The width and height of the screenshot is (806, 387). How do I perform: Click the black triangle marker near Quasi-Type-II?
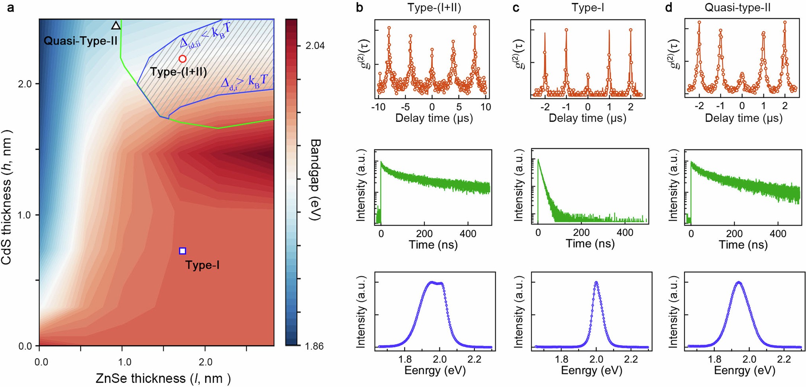coord(116,26)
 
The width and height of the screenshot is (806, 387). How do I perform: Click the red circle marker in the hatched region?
coord(182,59)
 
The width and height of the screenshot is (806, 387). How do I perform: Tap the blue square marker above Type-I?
coord(183,251)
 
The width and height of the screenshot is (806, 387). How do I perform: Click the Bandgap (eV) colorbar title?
coord(315,180)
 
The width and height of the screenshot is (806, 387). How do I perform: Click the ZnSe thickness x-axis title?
coord(163,378)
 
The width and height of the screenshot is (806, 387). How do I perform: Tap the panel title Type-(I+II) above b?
coord(434,8)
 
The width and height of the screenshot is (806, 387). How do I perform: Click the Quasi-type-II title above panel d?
coord(738,8)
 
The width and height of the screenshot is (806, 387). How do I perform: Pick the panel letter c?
coord(516,8)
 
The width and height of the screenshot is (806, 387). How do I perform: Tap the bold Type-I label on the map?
coord(202,265)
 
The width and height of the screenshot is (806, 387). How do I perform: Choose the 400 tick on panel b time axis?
coord(468,234)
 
